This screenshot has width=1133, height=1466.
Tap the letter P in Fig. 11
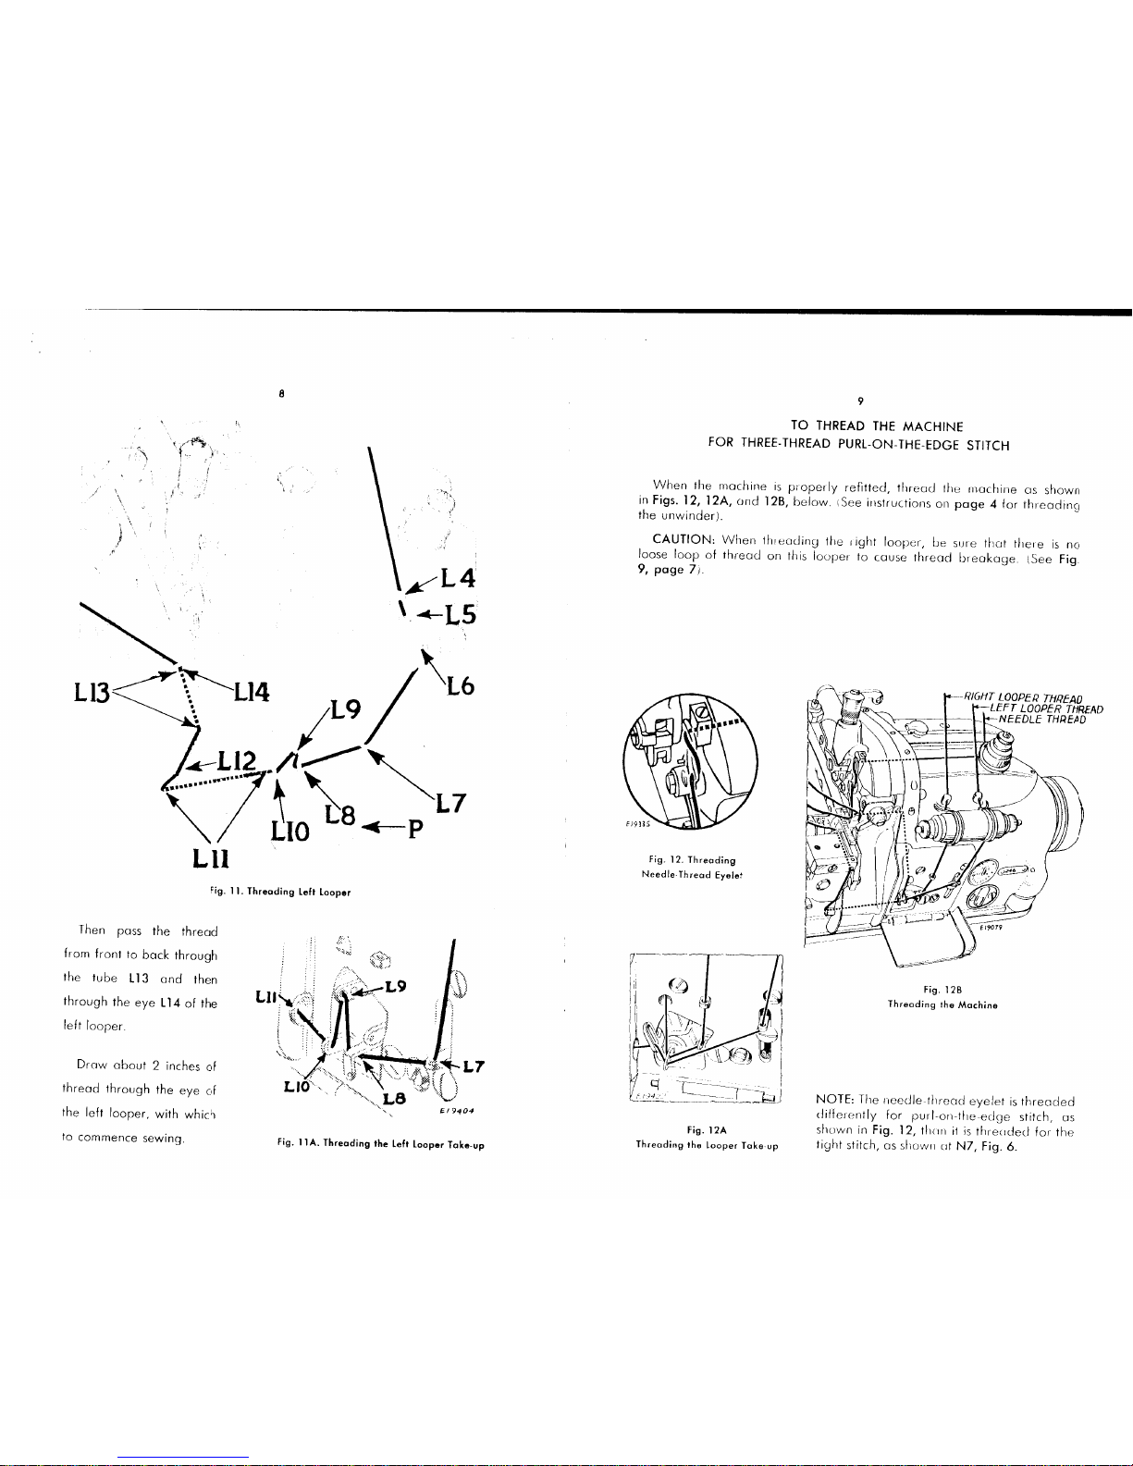tap(415, 825)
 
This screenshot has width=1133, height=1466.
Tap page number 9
tap(859, 400)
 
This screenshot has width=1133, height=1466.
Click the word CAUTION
tap(680, 538)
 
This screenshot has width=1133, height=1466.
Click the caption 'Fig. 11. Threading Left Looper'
tap(280, 892)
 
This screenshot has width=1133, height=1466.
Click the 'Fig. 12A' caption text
tap(707, 1129)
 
